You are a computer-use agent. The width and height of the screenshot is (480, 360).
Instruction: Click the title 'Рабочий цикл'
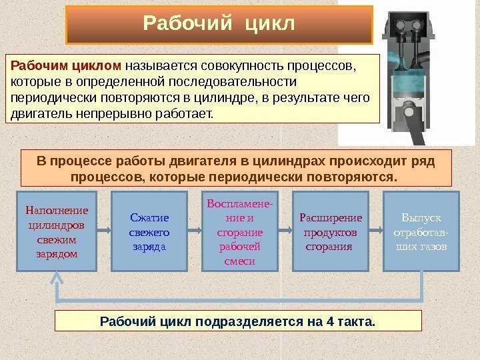219,25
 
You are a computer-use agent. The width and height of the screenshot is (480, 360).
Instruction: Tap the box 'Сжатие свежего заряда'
149,231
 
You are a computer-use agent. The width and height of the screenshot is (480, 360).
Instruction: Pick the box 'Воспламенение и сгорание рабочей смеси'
241,231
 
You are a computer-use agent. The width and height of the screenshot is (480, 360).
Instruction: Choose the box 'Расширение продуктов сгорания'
331,231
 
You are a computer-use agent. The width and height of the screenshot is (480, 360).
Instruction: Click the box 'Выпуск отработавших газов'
421,231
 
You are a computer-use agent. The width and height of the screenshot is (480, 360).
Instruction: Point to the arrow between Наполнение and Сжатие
103,231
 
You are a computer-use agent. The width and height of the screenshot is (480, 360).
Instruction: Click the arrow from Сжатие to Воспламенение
195,231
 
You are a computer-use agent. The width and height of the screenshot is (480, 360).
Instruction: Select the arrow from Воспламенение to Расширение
285,231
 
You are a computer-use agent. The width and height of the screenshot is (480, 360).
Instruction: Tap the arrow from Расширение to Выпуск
377,231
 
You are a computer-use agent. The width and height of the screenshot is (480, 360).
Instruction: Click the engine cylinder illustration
407,73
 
